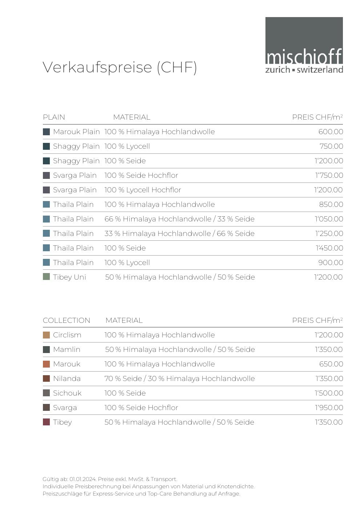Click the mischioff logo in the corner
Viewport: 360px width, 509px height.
click(304, 45)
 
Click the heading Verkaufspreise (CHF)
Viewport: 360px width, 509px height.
click(120, 67)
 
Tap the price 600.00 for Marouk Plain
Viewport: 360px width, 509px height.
click(331, 132)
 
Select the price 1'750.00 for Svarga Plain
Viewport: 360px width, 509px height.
click(329, 175)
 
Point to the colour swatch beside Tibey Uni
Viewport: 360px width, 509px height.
click(46, 277)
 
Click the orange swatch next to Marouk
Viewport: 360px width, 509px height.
click(46, 364)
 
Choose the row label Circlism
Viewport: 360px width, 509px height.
click(67, 335)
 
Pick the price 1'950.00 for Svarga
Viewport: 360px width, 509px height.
click(329, 408)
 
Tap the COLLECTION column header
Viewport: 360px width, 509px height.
click(67, 320)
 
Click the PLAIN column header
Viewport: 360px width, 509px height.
click(54, 117)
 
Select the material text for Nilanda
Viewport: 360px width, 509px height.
click(179, 378)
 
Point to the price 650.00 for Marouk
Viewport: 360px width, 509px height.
click(331, 364)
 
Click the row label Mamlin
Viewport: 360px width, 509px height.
click(67, 349)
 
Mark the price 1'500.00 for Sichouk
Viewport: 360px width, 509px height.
click(329, 393)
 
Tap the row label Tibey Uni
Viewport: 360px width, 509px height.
click(69, 277)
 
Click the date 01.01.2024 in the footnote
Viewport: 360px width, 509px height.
click(83, 479)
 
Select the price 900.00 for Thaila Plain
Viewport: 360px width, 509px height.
click(331, 262)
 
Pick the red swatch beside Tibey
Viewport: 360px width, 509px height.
click(46, 422)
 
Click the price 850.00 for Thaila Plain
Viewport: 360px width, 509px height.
click(331, 204)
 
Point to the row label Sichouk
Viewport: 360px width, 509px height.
click(67, 393)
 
